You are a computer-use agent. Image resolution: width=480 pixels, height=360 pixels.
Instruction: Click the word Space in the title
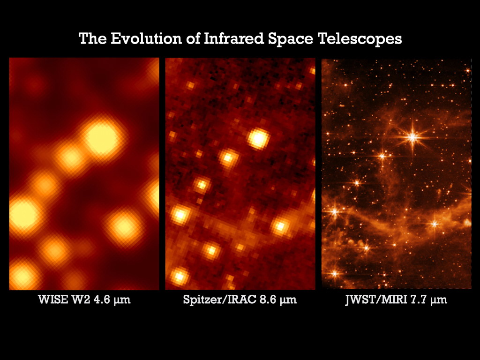285,38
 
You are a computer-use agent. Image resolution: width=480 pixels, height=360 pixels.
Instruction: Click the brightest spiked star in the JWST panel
412,137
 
